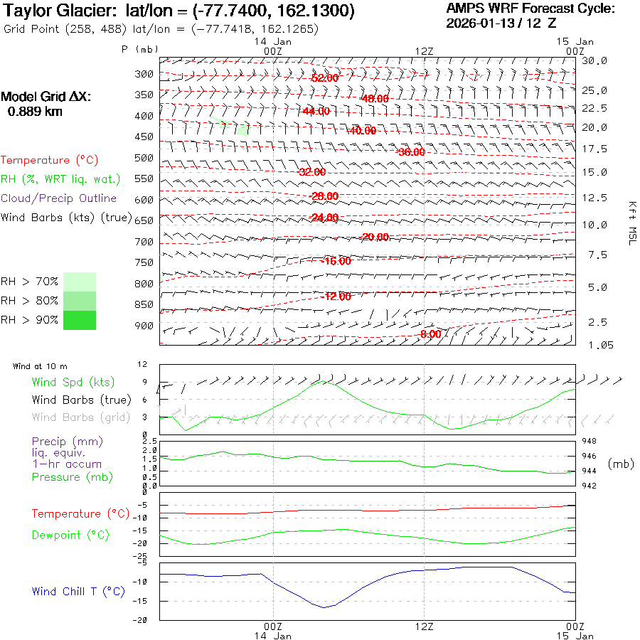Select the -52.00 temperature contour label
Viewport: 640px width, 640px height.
point(324,78)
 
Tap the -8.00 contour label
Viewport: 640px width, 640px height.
point(431,334)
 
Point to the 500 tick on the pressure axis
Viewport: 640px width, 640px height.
point(144,158)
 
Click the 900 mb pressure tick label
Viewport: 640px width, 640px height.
point(144,326)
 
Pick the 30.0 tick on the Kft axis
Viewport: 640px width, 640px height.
point(594,61)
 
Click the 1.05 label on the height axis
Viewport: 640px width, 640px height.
point(594,345)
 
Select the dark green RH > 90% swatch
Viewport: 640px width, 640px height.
point(79,320)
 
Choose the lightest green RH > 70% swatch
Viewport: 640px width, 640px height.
point(79,282)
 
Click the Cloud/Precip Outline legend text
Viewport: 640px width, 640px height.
point(58,198)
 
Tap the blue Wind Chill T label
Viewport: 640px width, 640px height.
point(78,592)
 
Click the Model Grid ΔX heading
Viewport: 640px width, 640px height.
point(46,97)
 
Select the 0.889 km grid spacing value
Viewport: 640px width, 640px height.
point(35,112)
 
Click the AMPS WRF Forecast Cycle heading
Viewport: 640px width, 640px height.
point(530,9)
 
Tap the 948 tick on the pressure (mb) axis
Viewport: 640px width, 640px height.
point(590,442)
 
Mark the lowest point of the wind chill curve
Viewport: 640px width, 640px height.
point(324,607)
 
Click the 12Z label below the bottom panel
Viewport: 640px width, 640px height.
point(424,626)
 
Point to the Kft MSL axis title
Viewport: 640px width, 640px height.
point(630,223)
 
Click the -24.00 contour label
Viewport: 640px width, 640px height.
point(324,217)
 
